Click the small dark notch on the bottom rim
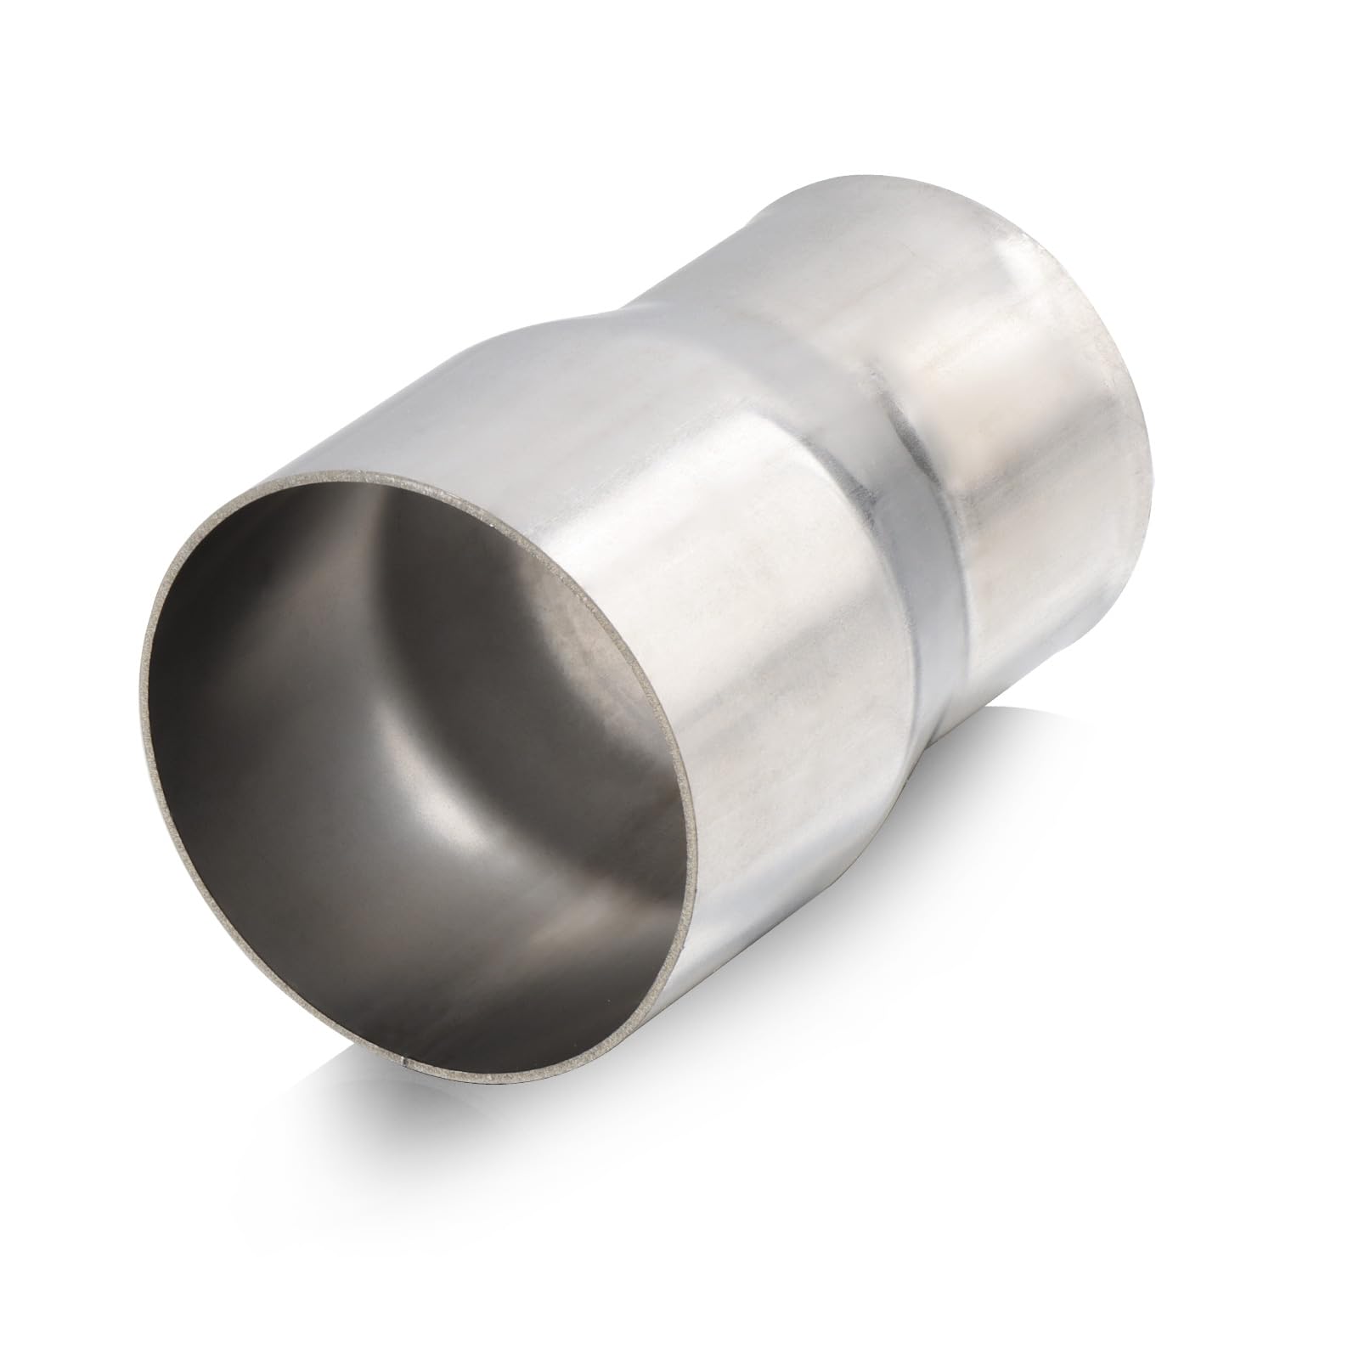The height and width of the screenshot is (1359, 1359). [403, 1059]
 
